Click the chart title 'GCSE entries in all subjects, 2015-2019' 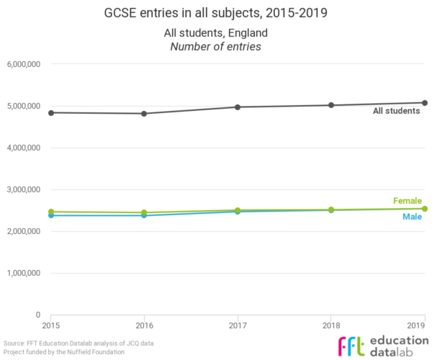click(x=216, y=13)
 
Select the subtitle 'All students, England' click(x=216, y=33)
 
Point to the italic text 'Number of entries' click(x=216, y=48)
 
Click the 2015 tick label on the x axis click(x=51, y=325)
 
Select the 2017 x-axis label click(x=238, y=325)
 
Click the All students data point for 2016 click(x=144, y=113)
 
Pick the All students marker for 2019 click(x=425, y=103)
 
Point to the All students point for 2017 click(x=238, y=107)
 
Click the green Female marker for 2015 click(x=51, y=212)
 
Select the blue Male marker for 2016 click(x=144, y=215)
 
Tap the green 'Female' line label click(x=408, y=201)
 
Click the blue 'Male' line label click(x=412, y=217)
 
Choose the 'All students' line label click(x=396, y=111)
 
